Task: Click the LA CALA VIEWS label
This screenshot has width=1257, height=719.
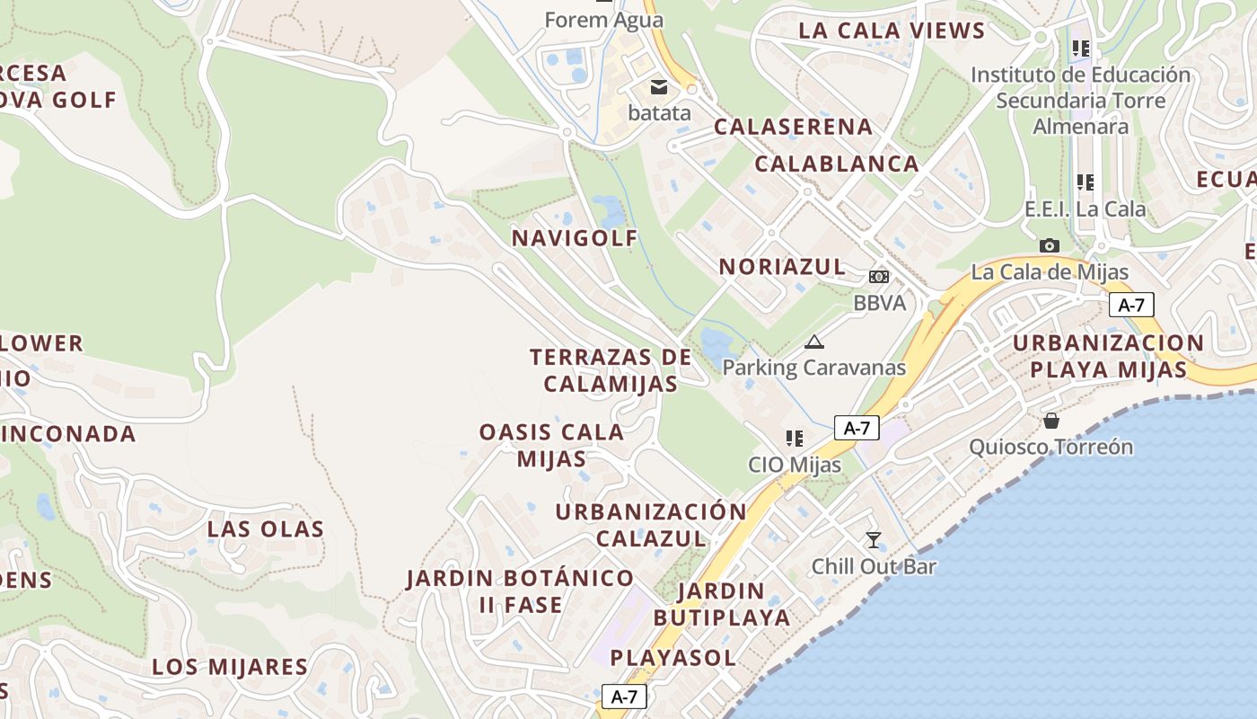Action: click(892, 31)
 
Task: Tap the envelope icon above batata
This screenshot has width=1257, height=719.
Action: click(659, 87)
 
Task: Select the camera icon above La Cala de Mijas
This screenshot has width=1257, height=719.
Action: click(1049, 245)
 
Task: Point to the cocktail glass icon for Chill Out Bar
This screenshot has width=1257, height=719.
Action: click(873, 540)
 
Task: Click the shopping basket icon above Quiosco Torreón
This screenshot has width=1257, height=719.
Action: click(1050, 421)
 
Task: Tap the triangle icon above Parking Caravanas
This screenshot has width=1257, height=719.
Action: click(813, 342)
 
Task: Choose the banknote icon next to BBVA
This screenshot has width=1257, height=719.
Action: click(879, 277)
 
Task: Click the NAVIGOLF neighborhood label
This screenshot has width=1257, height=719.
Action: click(575, 238)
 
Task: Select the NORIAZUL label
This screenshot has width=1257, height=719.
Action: click(782, 267)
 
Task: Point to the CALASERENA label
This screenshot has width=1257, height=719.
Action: click(793, 127)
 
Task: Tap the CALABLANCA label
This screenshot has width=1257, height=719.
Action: click(837, 164)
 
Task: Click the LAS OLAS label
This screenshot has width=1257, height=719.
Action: click(266, 528)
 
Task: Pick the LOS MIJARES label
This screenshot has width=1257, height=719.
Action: click(230, 667)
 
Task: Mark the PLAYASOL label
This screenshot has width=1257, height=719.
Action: click(673, 658)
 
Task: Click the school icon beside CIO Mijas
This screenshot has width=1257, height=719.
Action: click(794, 439)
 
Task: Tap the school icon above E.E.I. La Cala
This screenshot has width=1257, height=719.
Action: click(1086, 182)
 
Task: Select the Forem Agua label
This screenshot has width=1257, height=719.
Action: click(604, 19)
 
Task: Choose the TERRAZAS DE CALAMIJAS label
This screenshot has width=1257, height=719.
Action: click(611, 370)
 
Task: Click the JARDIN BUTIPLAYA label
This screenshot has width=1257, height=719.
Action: click(722, 605)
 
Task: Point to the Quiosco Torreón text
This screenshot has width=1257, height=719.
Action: click(1050, 447)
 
